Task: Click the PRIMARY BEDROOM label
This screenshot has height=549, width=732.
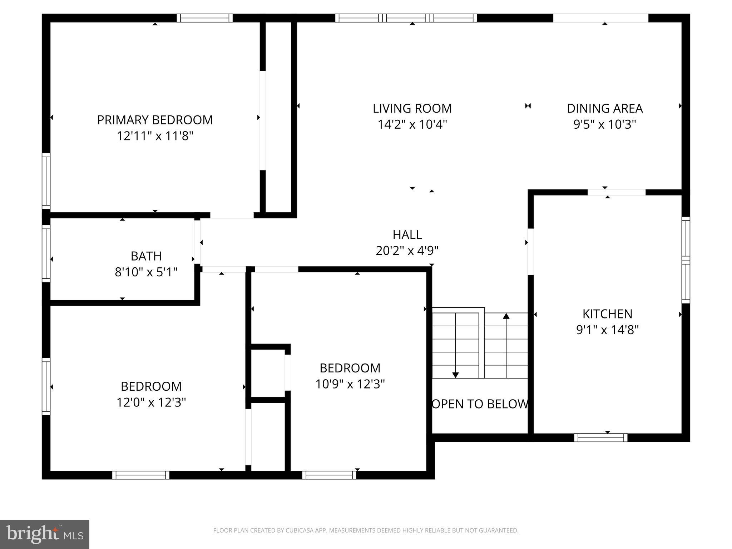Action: [155, 120]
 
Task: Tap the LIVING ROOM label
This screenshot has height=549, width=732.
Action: [412, 108]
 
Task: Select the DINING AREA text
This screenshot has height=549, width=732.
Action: [605, 108]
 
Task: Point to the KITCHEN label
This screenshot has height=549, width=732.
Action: [607, 314]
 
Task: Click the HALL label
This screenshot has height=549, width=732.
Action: [407, 234]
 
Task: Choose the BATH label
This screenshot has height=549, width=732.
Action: [146, 256]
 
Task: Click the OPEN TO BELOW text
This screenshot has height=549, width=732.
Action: [480, 404]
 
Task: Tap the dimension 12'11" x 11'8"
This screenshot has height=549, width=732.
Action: [155, 136]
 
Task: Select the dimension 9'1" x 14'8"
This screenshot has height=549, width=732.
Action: [607, 330]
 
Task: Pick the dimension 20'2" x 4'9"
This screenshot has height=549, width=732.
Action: [407, 251]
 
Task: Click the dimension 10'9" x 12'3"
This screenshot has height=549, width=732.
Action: [350, 384]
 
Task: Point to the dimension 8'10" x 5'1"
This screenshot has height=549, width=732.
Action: [146, 272]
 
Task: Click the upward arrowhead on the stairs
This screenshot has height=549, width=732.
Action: [506, 316]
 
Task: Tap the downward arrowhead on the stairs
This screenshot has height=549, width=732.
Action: [455, 375]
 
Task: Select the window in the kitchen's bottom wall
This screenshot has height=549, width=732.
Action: [600, 437]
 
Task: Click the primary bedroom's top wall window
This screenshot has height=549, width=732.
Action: [204, 18]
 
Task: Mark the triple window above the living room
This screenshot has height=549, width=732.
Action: [406, 18]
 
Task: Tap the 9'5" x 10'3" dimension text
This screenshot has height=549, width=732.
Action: [605, 124]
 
